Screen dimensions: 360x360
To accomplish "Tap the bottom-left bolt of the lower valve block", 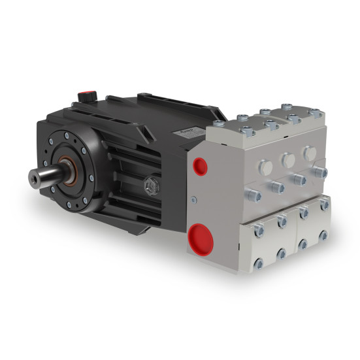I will pos(257,263).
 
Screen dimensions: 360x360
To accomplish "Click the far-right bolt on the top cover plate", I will pos(316,114).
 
